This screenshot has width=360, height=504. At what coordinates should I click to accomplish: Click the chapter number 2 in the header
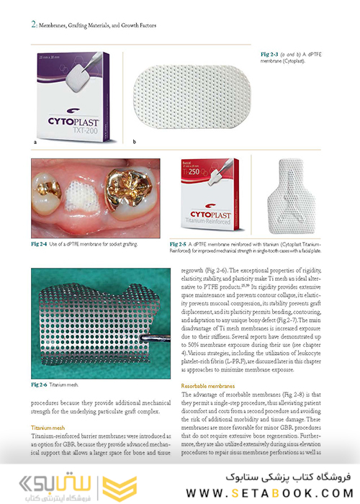tap(34, 24)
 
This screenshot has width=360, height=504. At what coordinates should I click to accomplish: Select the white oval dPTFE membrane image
tap(192, 94)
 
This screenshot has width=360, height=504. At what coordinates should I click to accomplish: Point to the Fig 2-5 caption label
tap(179, 244)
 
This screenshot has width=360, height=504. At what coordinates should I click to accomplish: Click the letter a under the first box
tap(35, 143)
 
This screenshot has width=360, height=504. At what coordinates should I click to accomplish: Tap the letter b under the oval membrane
tap(134, 143)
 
